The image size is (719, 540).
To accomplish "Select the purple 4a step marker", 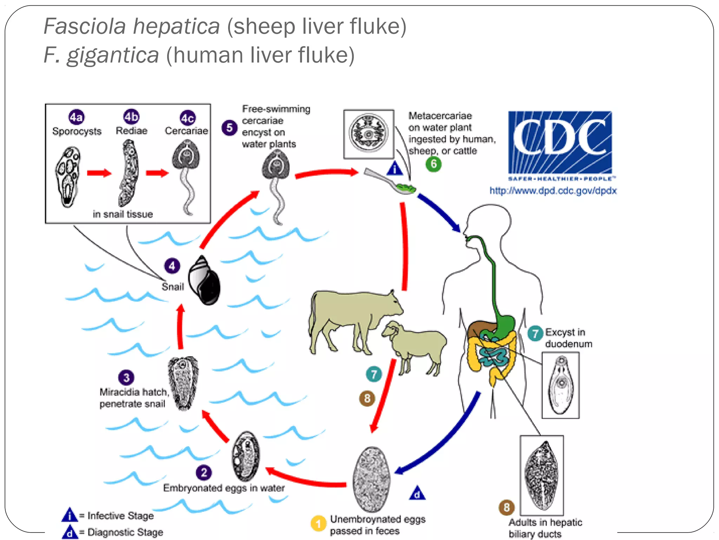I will coord(76,117).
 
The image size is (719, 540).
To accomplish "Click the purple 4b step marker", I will coord(131,116).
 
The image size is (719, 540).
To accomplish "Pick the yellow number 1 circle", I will coord(318,524).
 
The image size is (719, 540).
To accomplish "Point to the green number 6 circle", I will coord(434,164).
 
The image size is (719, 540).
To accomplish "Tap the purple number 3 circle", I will coord(126,378).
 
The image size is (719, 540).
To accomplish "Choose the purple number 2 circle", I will coord(204,472).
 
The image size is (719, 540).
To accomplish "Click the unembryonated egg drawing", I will coord(371,479).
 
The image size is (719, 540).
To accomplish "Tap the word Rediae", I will coord(132,131).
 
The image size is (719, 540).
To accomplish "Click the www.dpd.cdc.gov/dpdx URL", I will coord(553,191).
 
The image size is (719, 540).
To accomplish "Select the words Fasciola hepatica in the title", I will coord(132,26).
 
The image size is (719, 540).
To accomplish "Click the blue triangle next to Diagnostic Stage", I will coord(70,532).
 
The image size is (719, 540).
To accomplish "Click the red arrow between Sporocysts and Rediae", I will coord(99,173).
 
